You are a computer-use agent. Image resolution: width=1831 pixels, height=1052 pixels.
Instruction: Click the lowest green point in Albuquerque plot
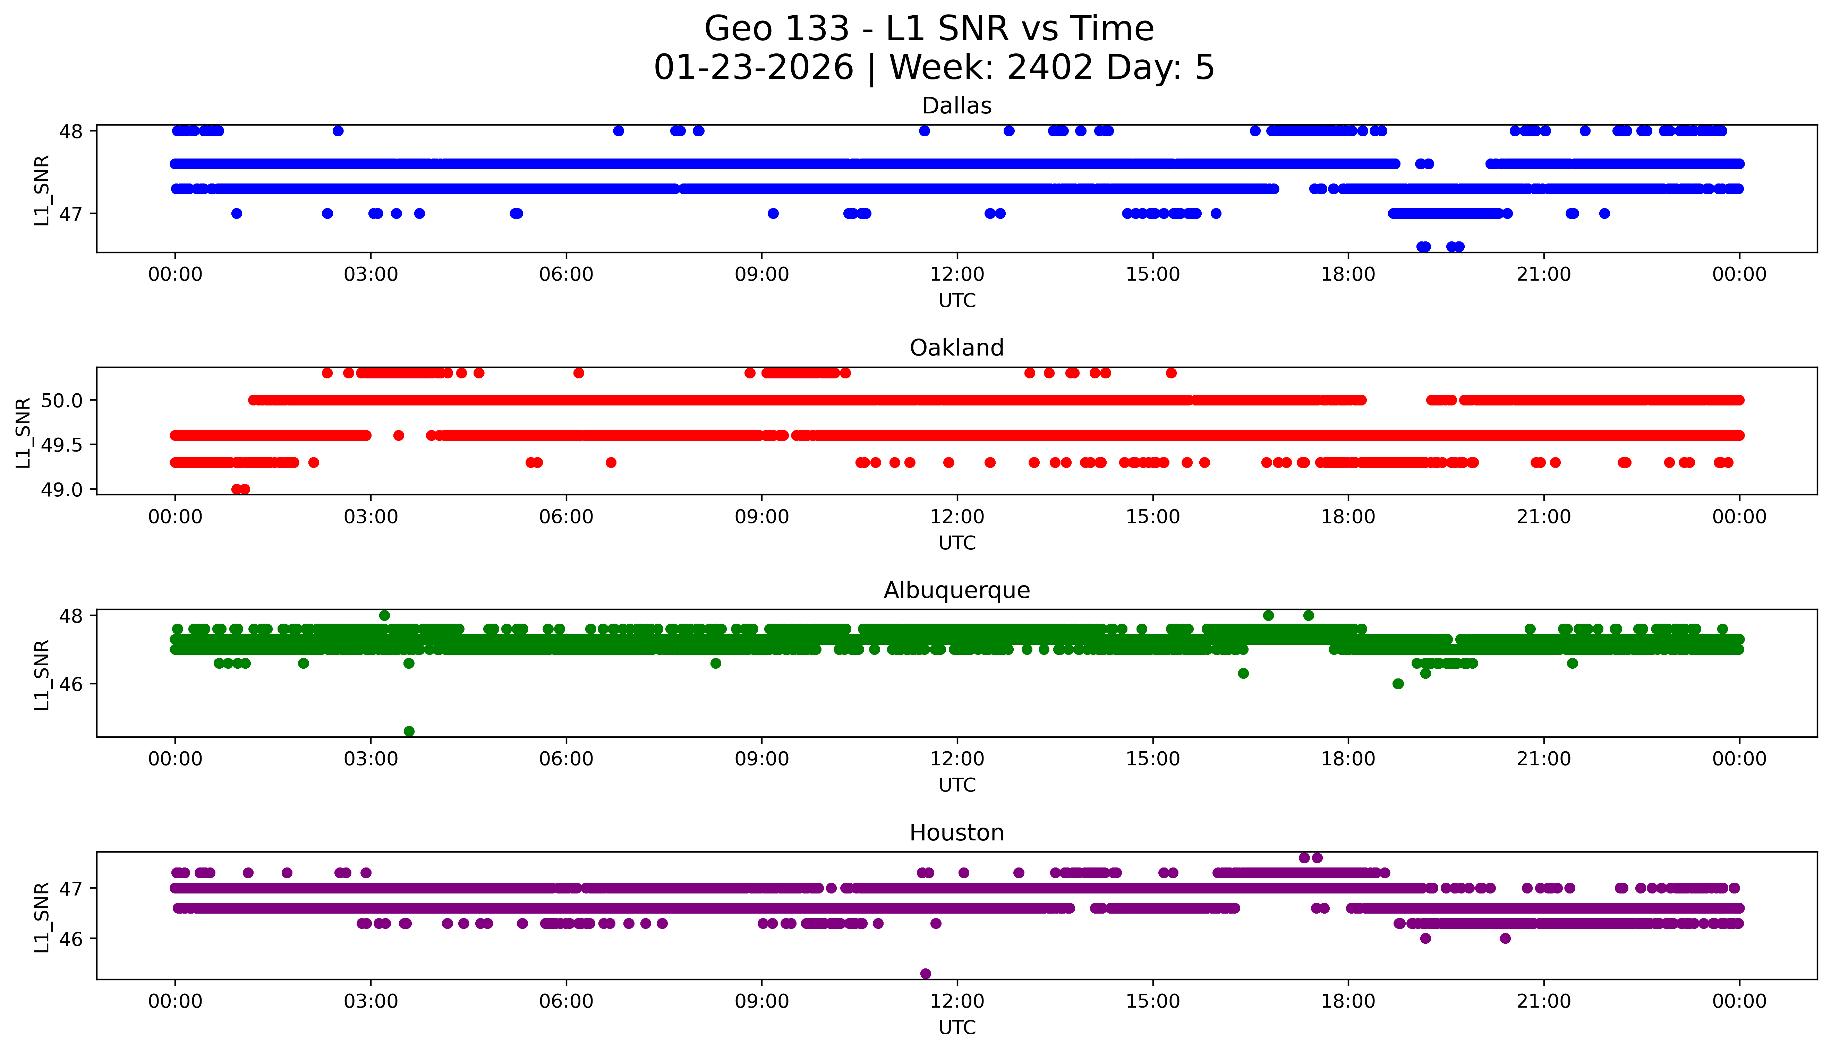pyautogui.click(x=409, y=731)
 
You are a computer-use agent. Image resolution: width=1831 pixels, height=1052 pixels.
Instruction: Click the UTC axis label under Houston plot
pyautogui.click(x=957, y=1027)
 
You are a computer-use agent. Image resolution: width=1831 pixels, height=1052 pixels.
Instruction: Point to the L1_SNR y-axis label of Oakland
pyautogui.click(x=23, y=432)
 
